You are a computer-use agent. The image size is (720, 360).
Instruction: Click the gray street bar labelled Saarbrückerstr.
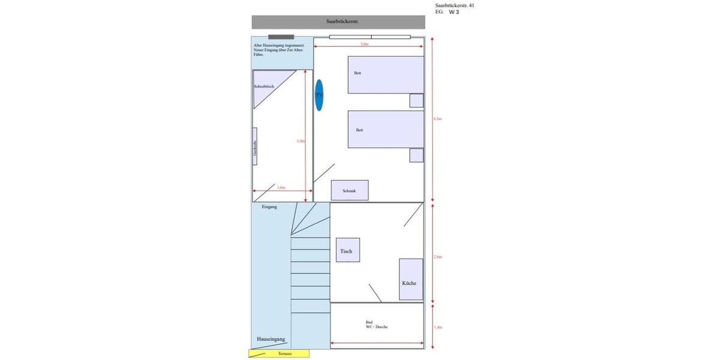pos(338,22)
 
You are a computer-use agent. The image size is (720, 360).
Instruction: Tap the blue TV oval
pos(319,95)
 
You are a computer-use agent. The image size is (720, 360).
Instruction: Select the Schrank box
pos(350,190)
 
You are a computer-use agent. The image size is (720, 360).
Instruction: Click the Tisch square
pos(347,250)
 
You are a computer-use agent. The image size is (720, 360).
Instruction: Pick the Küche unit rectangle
pos(411,279)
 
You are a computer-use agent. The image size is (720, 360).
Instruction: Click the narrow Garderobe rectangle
pos(255,146)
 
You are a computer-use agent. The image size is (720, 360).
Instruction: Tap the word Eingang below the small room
pos(269,207)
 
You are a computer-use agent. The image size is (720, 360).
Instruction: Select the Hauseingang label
pos(271,339)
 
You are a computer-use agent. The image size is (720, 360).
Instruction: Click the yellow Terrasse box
pos(279,353)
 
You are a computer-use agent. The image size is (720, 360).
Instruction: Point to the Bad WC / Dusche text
pos(377,325)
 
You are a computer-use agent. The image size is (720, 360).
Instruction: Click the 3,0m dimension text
pos(364,44)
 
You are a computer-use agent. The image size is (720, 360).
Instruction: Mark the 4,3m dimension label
pos(437,119)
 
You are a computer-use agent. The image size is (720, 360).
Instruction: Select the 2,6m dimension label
pos(437,257)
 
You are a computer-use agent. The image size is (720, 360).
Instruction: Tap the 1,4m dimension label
pos(437,328)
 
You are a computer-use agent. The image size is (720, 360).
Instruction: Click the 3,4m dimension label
pos(301,141)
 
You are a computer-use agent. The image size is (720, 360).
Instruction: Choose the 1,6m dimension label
pos(281,188)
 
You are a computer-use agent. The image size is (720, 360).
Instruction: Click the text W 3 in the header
pos(454,12)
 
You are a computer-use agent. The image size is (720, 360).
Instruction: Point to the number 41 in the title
pos(471,5)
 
